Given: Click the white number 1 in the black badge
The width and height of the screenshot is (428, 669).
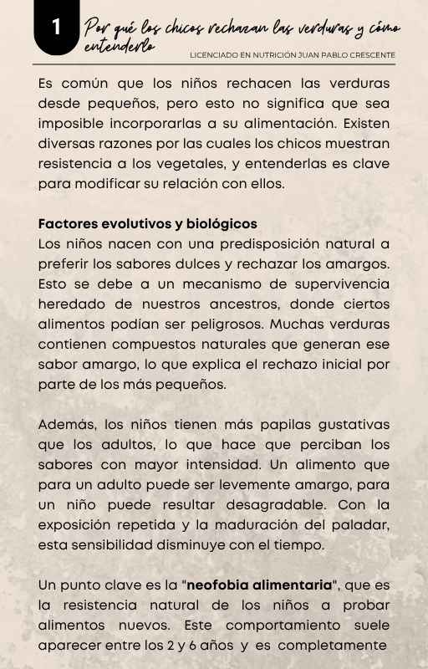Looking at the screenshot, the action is pyautogui.click(x=56, y=28).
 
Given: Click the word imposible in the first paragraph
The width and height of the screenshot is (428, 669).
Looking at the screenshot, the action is pyautogui.click(x=69, y=125).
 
